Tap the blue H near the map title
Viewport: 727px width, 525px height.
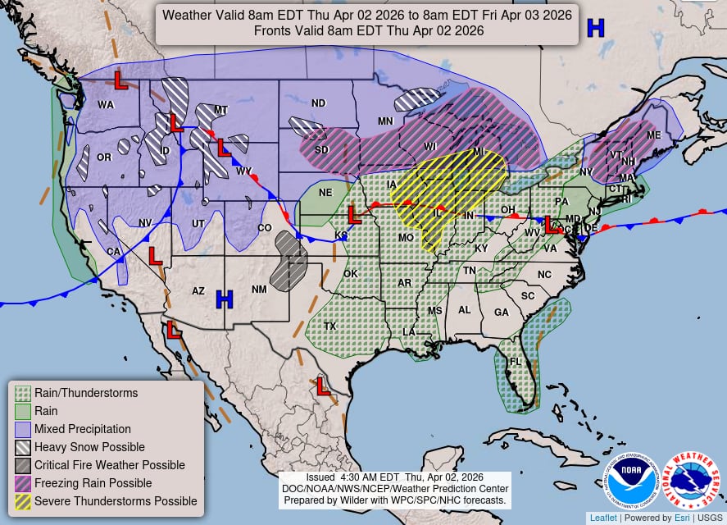click(x=595, y=28)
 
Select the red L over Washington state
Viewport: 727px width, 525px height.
click(x=119, y=80)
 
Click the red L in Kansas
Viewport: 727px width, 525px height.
click(x=354, y=215)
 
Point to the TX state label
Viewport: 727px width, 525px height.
click(x=329, y=326)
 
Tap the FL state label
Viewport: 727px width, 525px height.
click(x=515, y=362)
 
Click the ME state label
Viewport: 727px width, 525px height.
click(x=653, y=135)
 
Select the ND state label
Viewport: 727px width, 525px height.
click(x=318, y=103)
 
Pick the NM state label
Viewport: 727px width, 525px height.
click(x=259, y=290)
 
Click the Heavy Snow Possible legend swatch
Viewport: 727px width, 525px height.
click(x=23, y=447)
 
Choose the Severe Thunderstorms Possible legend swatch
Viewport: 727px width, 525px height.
click(x=23, y=501)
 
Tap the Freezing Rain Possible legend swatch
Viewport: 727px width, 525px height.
click(x=23, y=483)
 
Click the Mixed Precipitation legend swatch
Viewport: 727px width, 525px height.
click(x=23, y=429)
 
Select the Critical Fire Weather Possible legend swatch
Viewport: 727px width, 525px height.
click(x=23, y=465)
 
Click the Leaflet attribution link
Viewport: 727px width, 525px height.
click(x=603, y=518)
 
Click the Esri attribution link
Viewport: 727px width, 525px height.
click(x=677, y=518)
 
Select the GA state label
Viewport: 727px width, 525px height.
click(x=501, y=312)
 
